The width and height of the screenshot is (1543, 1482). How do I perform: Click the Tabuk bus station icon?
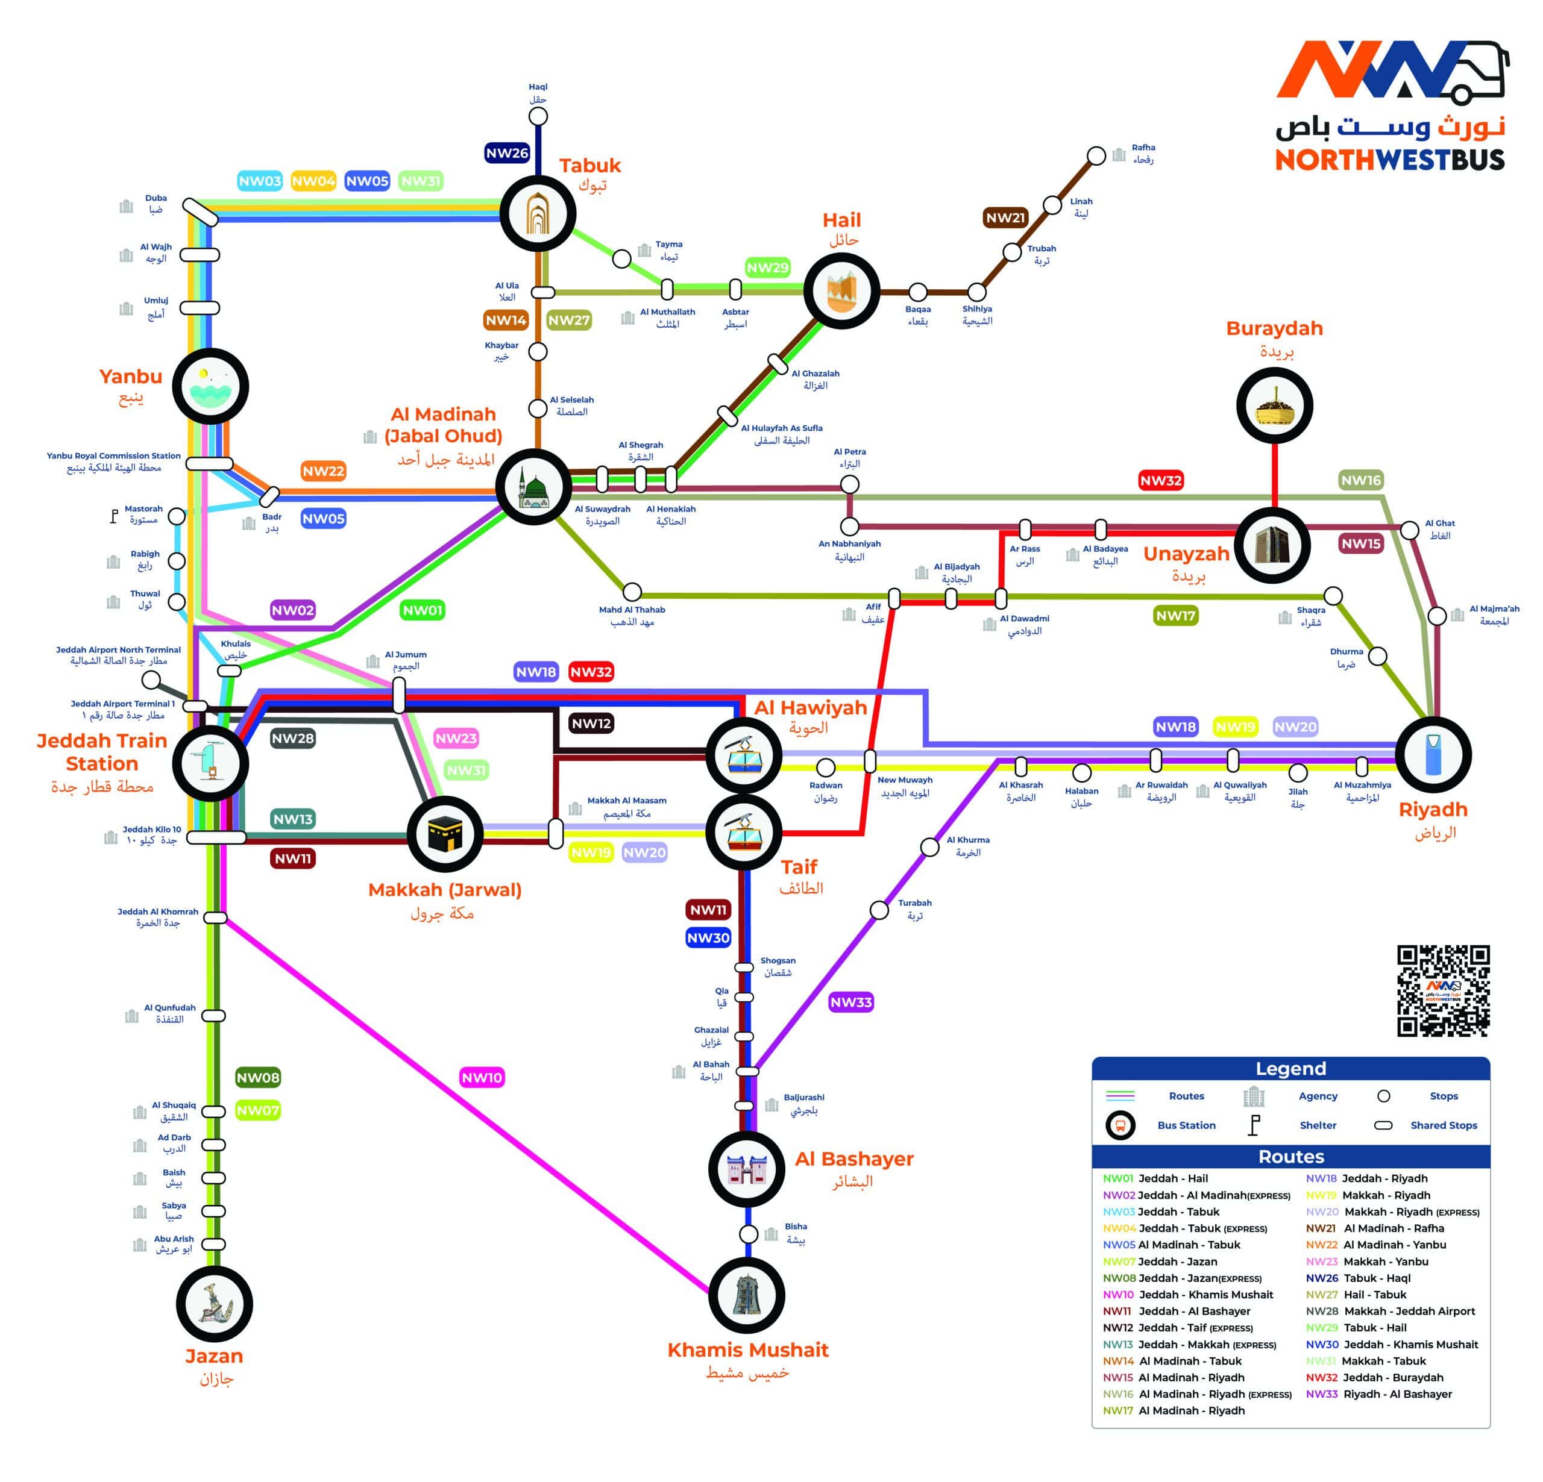coord(538,213)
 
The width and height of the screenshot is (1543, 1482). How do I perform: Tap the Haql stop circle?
coord(538,116)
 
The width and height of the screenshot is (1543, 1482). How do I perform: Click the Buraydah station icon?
coord(1274,405)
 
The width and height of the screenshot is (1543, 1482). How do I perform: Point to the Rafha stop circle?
coord(1096,156)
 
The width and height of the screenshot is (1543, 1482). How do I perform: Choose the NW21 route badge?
coord(1005,218)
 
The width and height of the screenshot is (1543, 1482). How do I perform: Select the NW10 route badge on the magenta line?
coord(482,1077)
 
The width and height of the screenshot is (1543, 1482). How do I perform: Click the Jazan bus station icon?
coord(214,1304)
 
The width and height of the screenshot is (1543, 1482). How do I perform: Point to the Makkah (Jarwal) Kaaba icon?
coord(445,834)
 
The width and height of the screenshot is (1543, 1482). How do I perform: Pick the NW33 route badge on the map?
coord(851,1002)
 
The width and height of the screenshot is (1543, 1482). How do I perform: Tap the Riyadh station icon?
coord(1433,754)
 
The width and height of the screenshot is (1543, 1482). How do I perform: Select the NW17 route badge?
coord(1175,616)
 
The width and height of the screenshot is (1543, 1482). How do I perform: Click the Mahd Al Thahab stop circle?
coord(632,592)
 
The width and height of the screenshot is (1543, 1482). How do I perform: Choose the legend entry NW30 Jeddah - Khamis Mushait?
coord(1392,1344)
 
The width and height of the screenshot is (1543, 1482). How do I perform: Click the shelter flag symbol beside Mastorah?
coord(114,517)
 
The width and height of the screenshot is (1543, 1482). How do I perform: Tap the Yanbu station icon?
coord(210,386)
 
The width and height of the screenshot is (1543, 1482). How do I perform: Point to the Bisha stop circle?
coord(749,1233)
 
